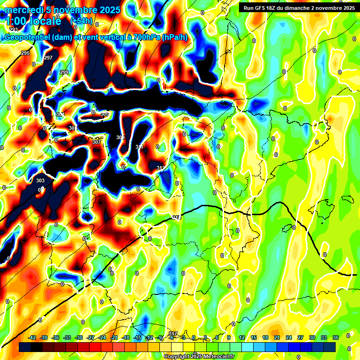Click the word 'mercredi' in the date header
[22, 10]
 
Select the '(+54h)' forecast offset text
[82, 21]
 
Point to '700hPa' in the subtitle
[145, 37]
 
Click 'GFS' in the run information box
[262, 7]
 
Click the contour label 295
[25, 53]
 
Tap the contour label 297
[48, 58]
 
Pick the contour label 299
[64, 72]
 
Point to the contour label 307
[96, 142]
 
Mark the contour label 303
[40, 180]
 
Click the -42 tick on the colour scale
[32, 337]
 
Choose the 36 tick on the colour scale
[336, 337]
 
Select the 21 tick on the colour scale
[277, 337]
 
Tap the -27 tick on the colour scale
[91, 337]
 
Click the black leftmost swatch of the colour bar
[25, 347]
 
